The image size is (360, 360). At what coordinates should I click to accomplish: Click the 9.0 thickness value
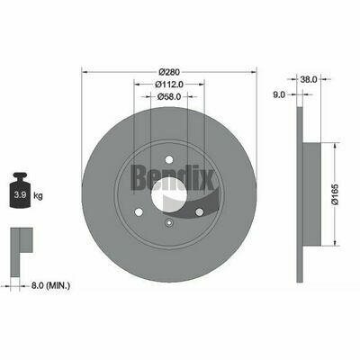(x=278, y=93)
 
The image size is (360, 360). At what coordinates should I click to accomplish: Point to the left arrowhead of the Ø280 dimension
(x=85, y=71)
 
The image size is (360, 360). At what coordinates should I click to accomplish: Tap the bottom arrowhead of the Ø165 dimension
(x=337, y=240)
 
